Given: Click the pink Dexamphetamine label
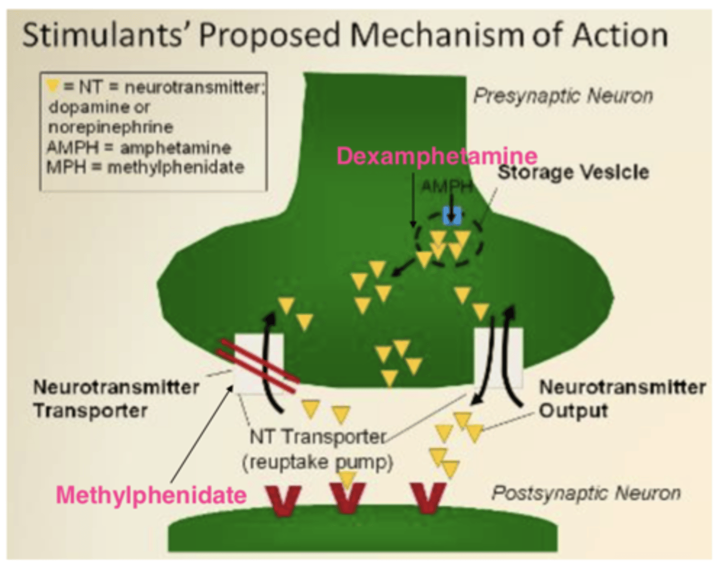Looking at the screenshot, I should pyautogui.click(x=437, y=156).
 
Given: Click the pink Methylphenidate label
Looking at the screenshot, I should pyautogui.click(x=151, y=495).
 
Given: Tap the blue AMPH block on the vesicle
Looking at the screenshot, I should pyautogui.click(x=452, y=215).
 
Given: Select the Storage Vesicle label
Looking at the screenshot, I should pyautogui.click(x=573, y=172).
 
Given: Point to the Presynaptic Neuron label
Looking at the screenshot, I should pyautogui.click(x=563, y=96).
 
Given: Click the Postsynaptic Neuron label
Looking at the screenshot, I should pyautogui.click(x=586, y=492).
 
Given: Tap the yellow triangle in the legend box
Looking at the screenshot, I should pyautogui.click(x=52, y=86).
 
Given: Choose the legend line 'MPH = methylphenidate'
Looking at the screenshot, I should pyautogui.click(x=145, y=167).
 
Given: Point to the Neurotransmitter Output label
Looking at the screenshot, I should pyautogui.click(x=622, y=398).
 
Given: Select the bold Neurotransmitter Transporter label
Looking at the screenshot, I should pyautogui.click(x=116, y=398).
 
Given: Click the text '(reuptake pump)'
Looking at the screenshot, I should pyautogui.click(x=317, y=462).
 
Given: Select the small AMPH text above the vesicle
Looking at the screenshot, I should pyautogui.click(x=446, y=187).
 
